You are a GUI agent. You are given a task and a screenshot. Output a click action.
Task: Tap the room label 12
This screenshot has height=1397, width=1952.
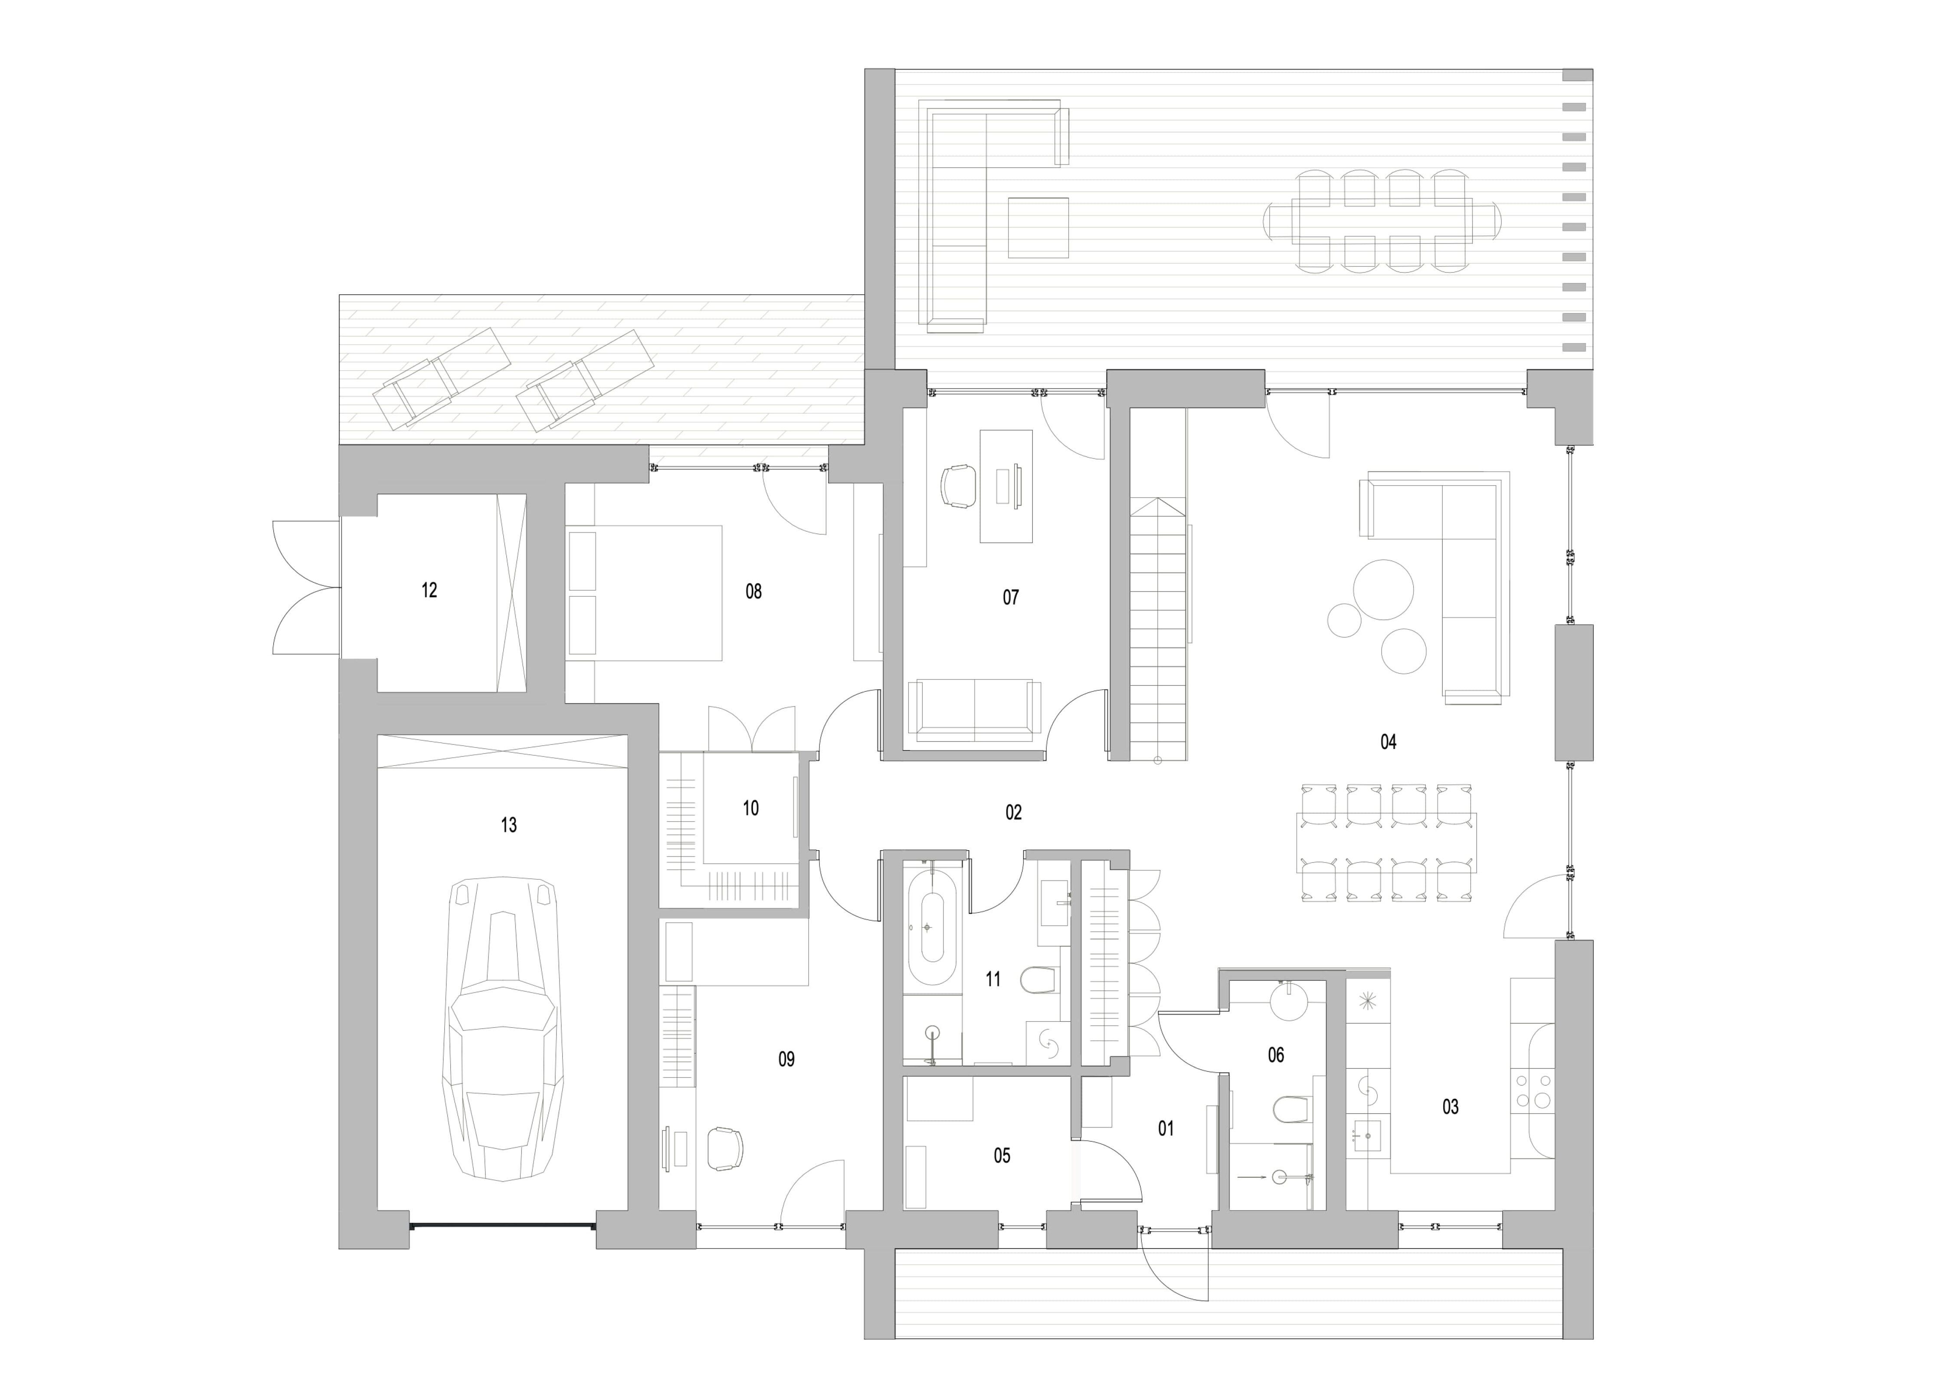click(429, 590)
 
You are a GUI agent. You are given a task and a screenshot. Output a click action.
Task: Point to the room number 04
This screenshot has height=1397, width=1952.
click(1388, 742)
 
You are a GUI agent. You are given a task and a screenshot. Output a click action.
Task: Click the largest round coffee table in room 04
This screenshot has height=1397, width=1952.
click(1383, 589)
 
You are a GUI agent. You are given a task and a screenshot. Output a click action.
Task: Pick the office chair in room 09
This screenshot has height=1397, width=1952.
click(725, 1148)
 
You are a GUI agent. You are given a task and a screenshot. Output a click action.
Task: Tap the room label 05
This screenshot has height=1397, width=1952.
click(1002, 1155)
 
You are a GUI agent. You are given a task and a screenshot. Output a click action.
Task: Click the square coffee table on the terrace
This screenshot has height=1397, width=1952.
click(1038, 228)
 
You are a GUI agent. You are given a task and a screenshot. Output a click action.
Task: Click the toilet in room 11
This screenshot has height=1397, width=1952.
click(1039, 980)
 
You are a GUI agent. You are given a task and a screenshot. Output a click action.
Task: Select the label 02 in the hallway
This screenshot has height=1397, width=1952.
click(1013, 812)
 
